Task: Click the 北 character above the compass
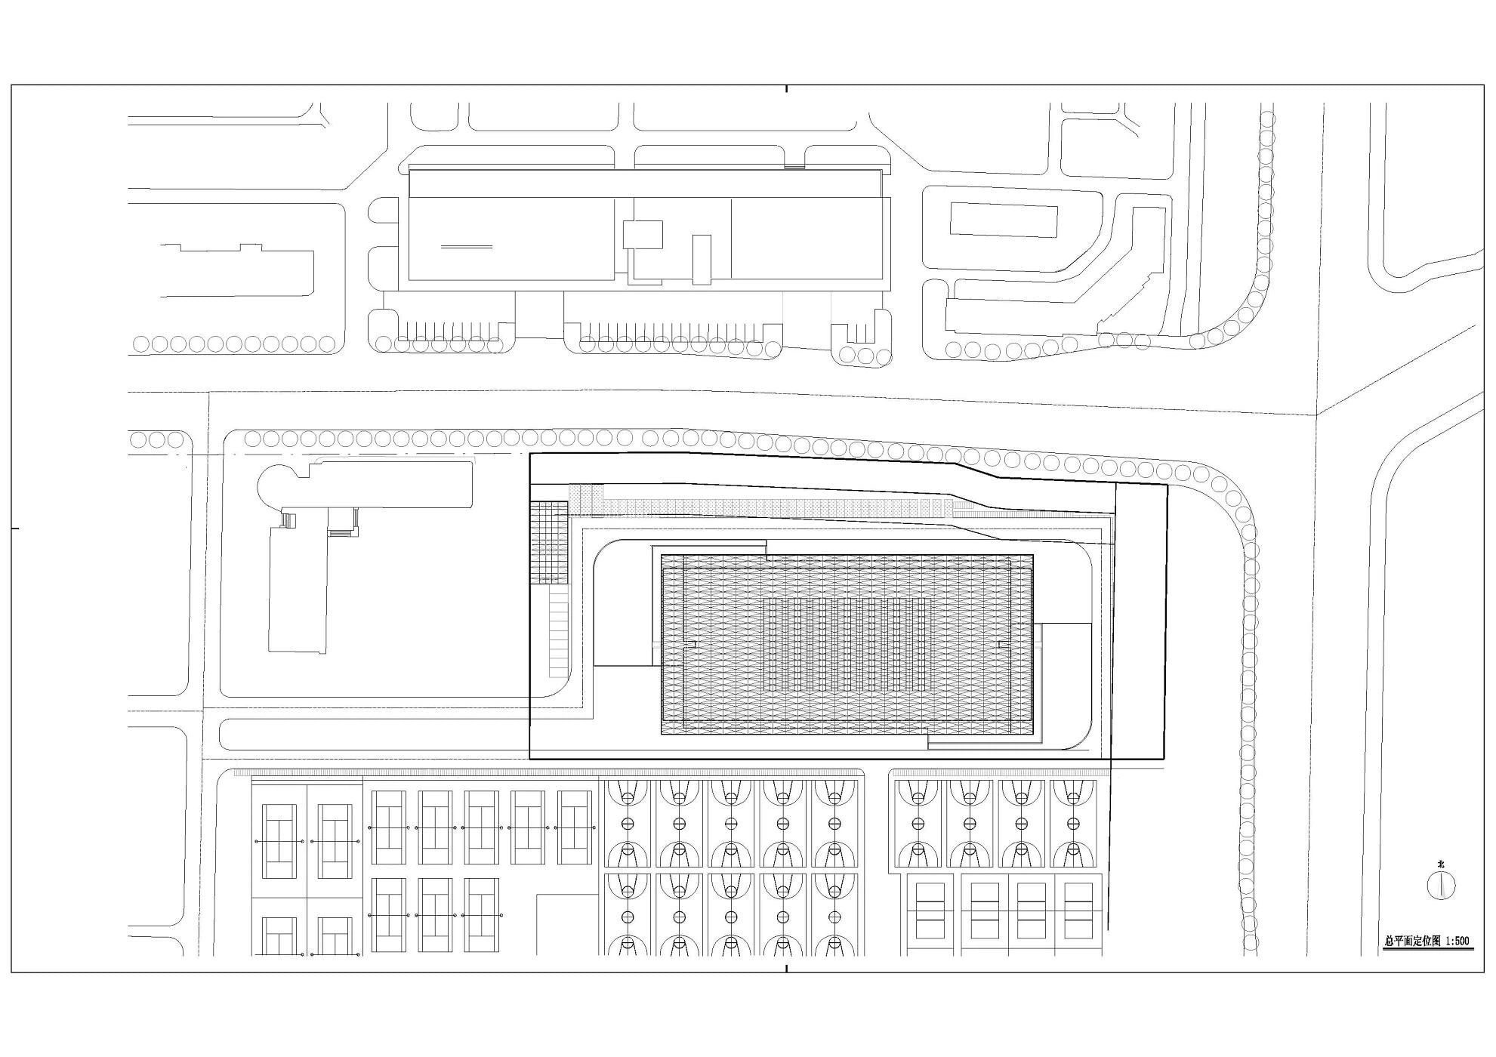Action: tap(1440, 864)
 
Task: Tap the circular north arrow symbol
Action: tap(1441, 885)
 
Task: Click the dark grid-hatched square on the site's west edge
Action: tap(549, 542)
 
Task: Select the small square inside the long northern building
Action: tap(643, 235)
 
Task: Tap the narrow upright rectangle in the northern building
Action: tap(702, 260)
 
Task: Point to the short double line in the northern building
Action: tap(467, 246)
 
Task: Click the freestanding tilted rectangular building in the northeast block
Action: tap(1003, 219)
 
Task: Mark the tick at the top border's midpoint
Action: tap(787, 88)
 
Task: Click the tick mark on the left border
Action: tap(15, 528)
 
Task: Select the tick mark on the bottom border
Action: tap(787, 969)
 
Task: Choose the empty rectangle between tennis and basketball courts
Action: tap(569, 926)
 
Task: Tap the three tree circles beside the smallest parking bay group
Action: tap(865, 355)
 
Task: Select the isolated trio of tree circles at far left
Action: tap(157, 439)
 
